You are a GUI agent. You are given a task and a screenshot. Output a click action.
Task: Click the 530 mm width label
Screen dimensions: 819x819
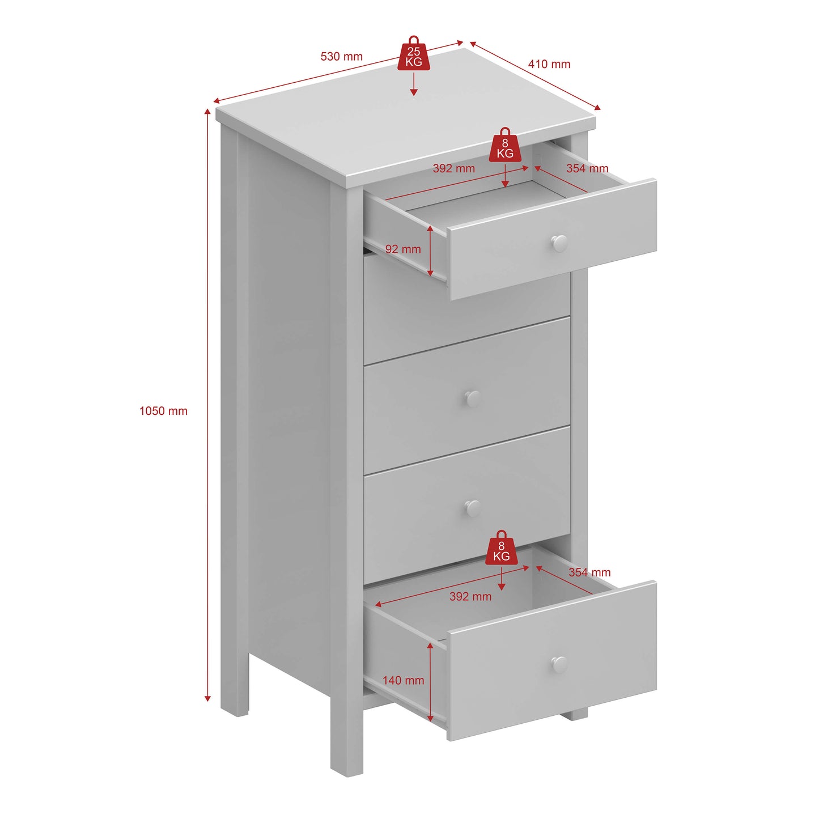[x=341, y=56]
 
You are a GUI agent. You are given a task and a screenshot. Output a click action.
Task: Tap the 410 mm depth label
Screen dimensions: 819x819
[x=549, y=64]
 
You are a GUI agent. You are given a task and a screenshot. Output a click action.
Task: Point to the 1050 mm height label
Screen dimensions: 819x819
[x=163, y=411]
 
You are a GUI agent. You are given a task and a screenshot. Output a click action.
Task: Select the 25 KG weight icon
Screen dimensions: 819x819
[x=414, y=53]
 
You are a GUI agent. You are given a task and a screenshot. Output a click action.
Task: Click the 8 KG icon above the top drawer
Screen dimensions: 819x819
[x=505, y=145]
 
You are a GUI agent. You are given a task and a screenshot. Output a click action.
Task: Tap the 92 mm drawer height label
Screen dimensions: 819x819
[x=403, y=249]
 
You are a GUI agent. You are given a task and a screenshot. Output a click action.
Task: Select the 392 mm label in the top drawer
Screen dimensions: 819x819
[x=454, y=168]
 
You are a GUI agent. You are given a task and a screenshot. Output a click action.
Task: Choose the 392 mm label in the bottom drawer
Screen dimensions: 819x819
[x=470, y=596]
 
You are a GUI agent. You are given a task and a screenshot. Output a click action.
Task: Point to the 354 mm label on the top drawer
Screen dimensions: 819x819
[x=587, y=168]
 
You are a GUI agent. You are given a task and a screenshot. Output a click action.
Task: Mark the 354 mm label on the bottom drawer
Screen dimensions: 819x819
[x=589, y=572]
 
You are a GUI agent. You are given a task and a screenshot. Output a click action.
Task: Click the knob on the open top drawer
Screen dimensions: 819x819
[x=559, y=244]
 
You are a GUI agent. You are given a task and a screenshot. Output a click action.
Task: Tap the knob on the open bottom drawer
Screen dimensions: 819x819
[x=559, y=664]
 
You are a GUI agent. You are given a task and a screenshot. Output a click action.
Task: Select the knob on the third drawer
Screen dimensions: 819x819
[x=472, y=398]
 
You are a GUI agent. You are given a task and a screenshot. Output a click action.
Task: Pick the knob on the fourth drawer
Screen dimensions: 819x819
[x=472, y=507]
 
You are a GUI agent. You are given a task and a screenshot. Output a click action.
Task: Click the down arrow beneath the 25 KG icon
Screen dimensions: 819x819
[x=414, y=84]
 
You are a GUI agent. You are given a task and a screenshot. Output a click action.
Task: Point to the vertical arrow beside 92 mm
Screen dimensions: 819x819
[x=431, y=251]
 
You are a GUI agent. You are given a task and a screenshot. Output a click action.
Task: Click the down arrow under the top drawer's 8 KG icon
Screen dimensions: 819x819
[x=505, y=176]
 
